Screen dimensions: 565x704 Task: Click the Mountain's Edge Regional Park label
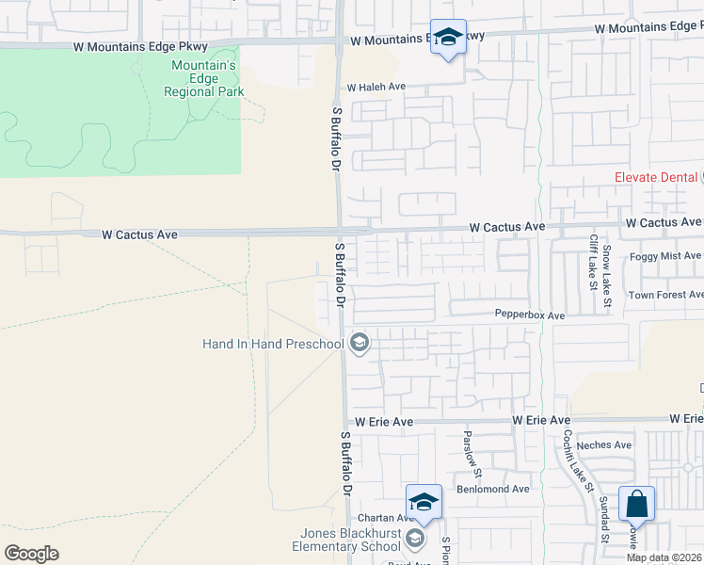[x=203, y=78]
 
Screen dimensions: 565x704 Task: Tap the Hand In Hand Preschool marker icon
[x=359, y=344]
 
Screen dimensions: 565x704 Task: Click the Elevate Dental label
[x=655, y=177]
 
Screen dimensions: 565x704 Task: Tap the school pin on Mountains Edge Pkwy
[x=448, y=39]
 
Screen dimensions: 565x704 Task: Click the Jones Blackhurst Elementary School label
[x=346, y=540]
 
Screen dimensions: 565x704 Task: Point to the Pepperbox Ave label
[x=530, y=315]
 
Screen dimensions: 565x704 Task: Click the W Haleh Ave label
[x=376, y=87]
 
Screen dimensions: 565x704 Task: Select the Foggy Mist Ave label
[x=666, y=255]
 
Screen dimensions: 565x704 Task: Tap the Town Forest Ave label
[x=666, y=295]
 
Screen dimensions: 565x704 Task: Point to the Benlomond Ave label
[x=493, y=489]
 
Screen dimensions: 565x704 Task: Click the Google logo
[x=31, y=554]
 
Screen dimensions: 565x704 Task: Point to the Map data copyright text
[x=664, y=557]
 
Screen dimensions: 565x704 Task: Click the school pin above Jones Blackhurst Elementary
[x=424, y=502]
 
